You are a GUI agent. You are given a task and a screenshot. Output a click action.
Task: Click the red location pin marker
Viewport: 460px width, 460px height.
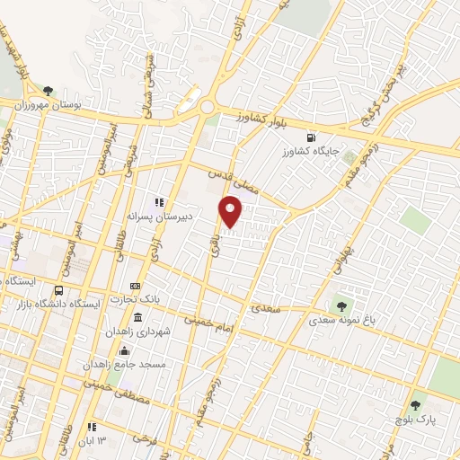[231, 210]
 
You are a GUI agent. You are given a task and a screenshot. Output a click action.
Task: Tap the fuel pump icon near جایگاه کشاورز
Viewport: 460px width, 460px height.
[311, 138]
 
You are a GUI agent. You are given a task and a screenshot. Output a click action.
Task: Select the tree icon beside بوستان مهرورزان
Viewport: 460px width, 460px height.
[48, 91]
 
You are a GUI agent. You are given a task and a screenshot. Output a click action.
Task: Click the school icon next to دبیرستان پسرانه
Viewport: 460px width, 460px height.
[159, 202]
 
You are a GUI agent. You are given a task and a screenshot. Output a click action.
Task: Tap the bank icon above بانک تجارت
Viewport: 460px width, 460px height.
[136, 286]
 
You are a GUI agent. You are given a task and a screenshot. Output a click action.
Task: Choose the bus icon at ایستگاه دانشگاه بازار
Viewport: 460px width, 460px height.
[59, 290]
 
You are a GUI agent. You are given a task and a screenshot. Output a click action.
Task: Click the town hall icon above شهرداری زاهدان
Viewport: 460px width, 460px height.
[137, 318]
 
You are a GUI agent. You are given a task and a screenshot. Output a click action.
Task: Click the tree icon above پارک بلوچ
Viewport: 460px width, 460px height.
[414, 406]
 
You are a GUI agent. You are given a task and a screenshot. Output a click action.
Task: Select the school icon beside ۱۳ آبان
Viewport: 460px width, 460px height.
[91, 426]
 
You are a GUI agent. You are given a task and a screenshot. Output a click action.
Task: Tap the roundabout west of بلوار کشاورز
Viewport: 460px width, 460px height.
[208, 108]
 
